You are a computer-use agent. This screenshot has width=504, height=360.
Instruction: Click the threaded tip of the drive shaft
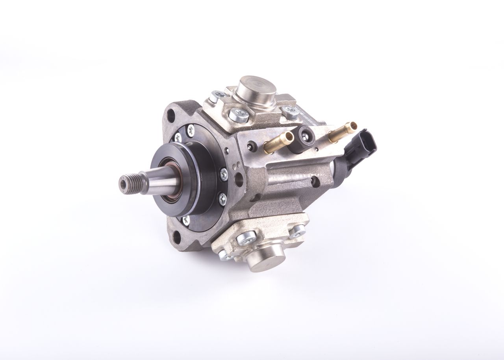pyautogui.click(x=128, y=182)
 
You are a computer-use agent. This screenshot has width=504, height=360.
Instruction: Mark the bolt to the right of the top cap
pyautogui.click(x=290, y=111)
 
